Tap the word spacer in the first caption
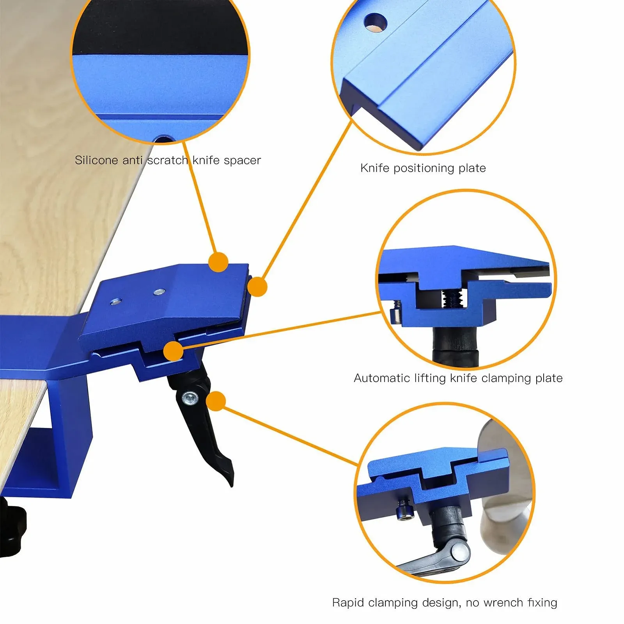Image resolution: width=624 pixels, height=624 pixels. point(243,161)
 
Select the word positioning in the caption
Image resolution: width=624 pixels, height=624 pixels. point(424,168)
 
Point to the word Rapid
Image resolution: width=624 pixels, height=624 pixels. point(349,603)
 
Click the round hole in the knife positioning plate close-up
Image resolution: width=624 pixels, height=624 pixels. point(375,22)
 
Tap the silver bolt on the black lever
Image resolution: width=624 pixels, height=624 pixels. point(190,398)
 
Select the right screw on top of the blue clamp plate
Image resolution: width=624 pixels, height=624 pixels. point(159,291)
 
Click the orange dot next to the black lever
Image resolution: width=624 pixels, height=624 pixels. point(216,401)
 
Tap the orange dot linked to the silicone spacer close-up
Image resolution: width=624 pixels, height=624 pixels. point(218,262)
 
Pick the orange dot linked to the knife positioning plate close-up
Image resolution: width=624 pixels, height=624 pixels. point(257,287)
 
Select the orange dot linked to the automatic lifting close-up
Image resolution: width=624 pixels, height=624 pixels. point(173,351)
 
